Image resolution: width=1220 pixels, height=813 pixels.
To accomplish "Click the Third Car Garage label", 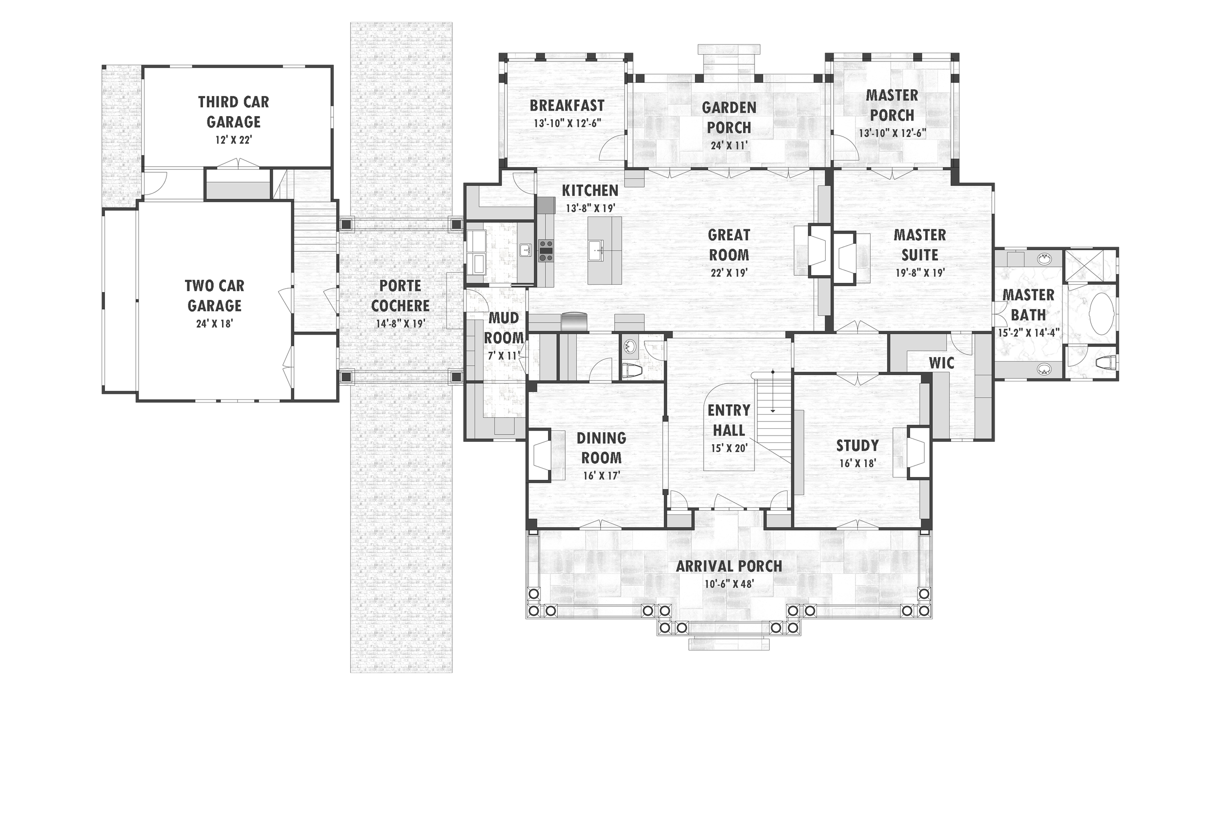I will coord(233,112).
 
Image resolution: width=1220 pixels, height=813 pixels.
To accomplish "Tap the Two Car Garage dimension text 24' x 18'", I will coord(214,324).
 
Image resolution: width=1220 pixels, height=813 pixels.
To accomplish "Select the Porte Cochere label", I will coord(401,296).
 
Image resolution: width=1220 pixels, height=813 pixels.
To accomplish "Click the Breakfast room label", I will coord(567,106).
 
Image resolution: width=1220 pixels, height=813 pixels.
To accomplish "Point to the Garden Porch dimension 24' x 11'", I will coord(729,146).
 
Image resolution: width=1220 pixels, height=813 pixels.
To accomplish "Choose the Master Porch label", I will coord(892,105).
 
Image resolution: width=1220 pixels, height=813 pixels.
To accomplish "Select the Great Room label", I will coord(729,245).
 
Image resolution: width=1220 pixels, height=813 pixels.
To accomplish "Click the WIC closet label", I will coord(941,363).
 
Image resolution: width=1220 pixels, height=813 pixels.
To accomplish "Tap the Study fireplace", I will coord(917,451).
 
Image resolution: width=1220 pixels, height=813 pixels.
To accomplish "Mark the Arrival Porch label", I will coord(729,566).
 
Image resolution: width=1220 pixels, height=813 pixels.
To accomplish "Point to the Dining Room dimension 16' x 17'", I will coord(602,476).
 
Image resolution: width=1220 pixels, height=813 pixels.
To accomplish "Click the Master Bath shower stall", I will coord(1090,265).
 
